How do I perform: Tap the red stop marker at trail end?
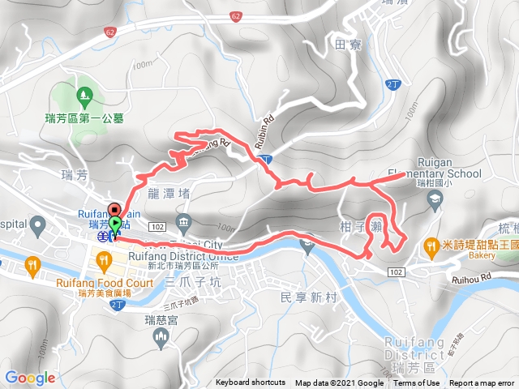point(114,207)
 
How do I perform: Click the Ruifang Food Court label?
point(105,284)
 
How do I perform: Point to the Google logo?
point(30,378)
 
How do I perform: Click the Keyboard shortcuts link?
point(251,383)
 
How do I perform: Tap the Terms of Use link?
point(417,383)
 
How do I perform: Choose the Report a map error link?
point(483,383)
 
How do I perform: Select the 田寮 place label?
point(346,45)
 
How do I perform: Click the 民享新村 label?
point(306,298)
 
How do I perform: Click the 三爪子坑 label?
point(192,282)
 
